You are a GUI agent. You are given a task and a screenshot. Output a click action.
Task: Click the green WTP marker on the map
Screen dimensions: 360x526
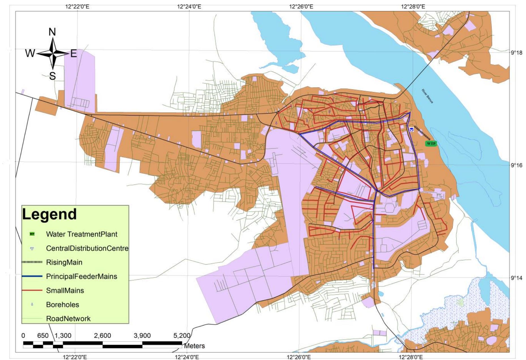(x=431, y=143)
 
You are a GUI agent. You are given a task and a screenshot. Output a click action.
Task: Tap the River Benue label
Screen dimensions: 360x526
(x=427, y=96)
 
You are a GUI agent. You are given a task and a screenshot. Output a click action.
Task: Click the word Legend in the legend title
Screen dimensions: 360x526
(x=49, y=214)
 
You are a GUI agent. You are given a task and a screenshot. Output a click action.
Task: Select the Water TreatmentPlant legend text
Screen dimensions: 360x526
(x=82, y=234)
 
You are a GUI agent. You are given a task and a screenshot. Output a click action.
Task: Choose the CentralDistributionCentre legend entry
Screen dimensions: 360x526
(x=87, y=248)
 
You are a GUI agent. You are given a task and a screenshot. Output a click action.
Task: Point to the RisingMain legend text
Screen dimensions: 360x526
(x=64, y=262)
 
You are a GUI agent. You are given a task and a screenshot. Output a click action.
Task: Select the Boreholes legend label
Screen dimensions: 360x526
(x=63, y=305)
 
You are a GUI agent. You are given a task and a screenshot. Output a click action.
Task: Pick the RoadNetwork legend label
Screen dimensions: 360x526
(x=68, y=319)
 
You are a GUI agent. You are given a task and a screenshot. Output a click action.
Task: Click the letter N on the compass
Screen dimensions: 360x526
(x=52, y=32)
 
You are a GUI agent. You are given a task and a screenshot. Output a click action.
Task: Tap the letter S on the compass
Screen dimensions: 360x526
(x=53, y=76)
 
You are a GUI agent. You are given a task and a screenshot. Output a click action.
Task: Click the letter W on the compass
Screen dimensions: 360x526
(x=30, y=53)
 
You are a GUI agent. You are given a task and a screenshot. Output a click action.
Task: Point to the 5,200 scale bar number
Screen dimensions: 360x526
(x=182, y=336)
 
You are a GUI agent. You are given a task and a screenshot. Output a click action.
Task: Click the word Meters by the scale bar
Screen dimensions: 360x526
(x=194, y=346)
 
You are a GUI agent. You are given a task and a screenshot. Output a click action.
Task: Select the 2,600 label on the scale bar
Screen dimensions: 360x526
(x=102, y=336)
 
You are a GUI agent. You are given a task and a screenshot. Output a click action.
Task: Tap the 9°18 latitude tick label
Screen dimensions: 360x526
(x=517, y=53)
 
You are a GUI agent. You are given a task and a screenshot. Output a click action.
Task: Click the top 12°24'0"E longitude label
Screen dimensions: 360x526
(x=189, y=6)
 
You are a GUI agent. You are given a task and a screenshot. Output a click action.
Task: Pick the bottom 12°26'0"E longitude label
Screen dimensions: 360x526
(x=299, y=357)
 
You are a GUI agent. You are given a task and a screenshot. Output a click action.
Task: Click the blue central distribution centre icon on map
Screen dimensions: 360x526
(x=411, y=129)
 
